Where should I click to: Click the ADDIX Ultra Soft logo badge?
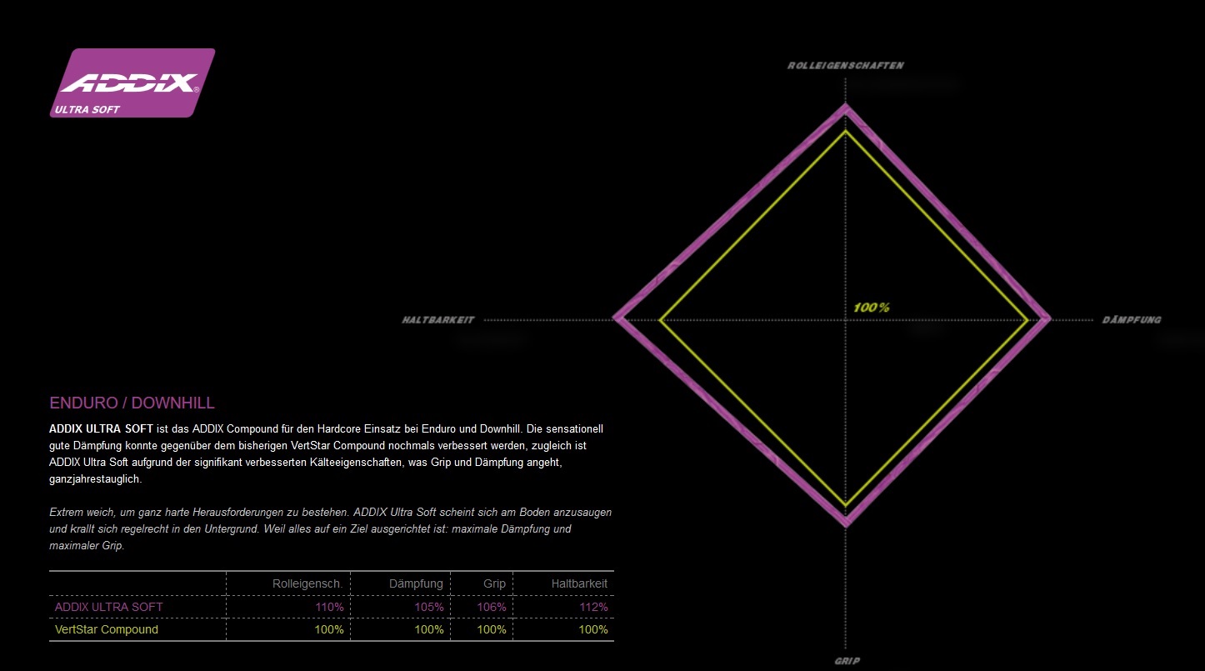coord(132,83)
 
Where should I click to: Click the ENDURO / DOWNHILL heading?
coord(132,403)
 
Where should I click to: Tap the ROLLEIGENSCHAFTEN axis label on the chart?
coord(846,65)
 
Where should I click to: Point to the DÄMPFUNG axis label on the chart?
coord(1131,320)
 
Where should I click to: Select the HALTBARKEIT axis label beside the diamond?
coord(438,320)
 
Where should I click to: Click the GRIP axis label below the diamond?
coord(847,661)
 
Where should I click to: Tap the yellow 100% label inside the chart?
coord(872,308)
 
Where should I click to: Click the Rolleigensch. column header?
coord(307,583)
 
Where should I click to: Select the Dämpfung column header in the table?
coord(416,583)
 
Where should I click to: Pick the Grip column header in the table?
coord(494,583)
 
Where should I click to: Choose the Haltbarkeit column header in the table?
coord(579,583)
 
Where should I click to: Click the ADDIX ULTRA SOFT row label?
coord(109,607)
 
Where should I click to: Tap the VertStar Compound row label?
coord(107,629)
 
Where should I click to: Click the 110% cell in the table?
coord(329,607)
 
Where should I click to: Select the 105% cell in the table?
coord(429,607)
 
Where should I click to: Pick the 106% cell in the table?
coord(492,607)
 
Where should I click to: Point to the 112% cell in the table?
coord(593,607)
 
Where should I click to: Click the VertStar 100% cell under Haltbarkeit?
coord(593,629)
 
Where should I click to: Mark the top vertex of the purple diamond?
coord(847,107)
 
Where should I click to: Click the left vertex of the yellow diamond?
coord(660,319)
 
